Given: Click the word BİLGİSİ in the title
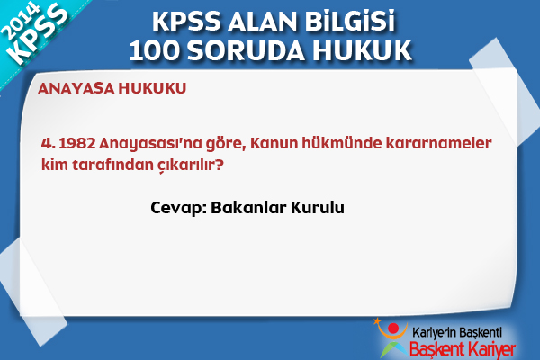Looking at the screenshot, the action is [x=349, y=22].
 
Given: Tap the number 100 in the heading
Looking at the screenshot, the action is [x=155, y=50].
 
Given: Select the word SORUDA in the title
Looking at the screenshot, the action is [x=246, y=50].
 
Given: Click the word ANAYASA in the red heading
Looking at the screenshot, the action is [x=76, y=88].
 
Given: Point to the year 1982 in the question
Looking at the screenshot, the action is [x=77, y=143].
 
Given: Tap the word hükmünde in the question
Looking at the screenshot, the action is [x=342, y=143].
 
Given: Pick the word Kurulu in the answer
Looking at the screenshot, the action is [x=318, y=207].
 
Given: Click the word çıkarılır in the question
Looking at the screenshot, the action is [x=191, y=165].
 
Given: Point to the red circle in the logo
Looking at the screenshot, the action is [x=393, y=328].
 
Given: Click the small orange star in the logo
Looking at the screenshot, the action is [x=377, y=320].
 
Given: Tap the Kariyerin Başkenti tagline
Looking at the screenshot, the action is [x=457, y=333].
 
